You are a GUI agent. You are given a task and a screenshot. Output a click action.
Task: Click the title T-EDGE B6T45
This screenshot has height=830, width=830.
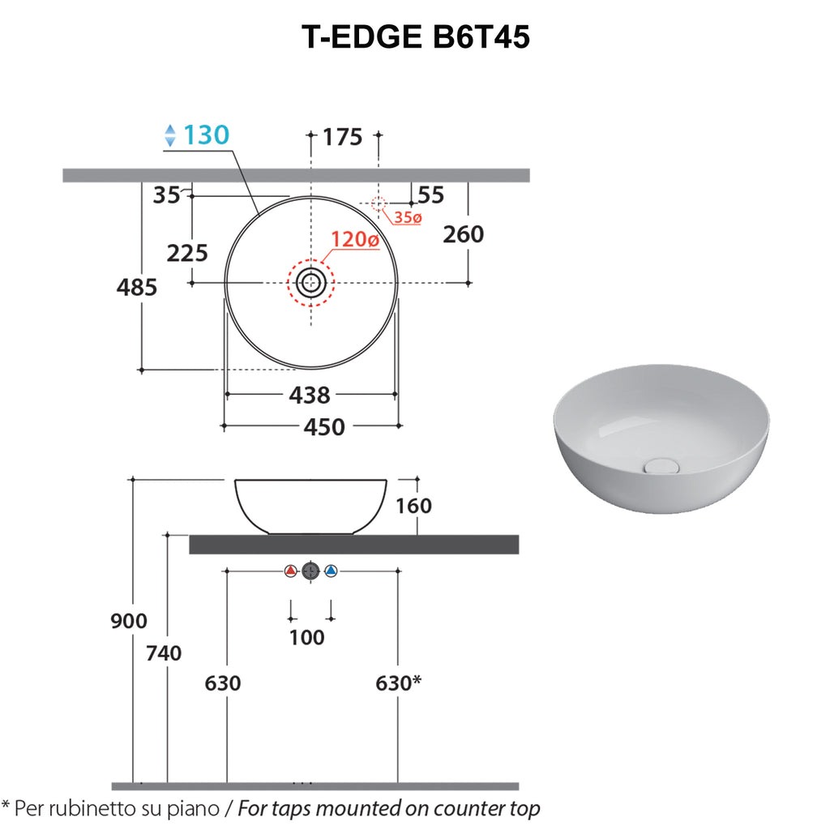[416, 37]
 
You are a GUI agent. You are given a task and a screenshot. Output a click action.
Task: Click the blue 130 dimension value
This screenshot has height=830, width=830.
[207, 135]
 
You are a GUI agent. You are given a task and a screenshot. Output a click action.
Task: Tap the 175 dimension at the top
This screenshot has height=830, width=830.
[343, 137]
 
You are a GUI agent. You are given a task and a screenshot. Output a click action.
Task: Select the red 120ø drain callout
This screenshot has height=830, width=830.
[355, 239]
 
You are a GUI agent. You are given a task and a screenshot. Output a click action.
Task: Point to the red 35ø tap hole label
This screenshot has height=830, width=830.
[408, 217]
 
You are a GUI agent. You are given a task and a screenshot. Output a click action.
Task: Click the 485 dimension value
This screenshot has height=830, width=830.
[136, 288]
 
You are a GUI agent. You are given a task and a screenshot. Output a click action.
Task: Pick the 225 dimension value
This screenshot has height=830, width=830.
[187, 253]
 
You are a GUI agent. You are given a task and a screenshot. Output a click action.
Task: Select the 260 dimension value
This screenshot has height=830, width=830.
[463, 234]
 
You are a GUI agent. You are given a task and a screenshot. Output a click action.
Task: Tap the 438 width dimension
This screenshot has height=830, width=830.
[310, 395]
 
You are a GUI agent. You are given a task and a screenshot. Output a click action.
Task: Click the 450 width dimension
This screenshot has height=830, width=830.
[324, 426]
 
